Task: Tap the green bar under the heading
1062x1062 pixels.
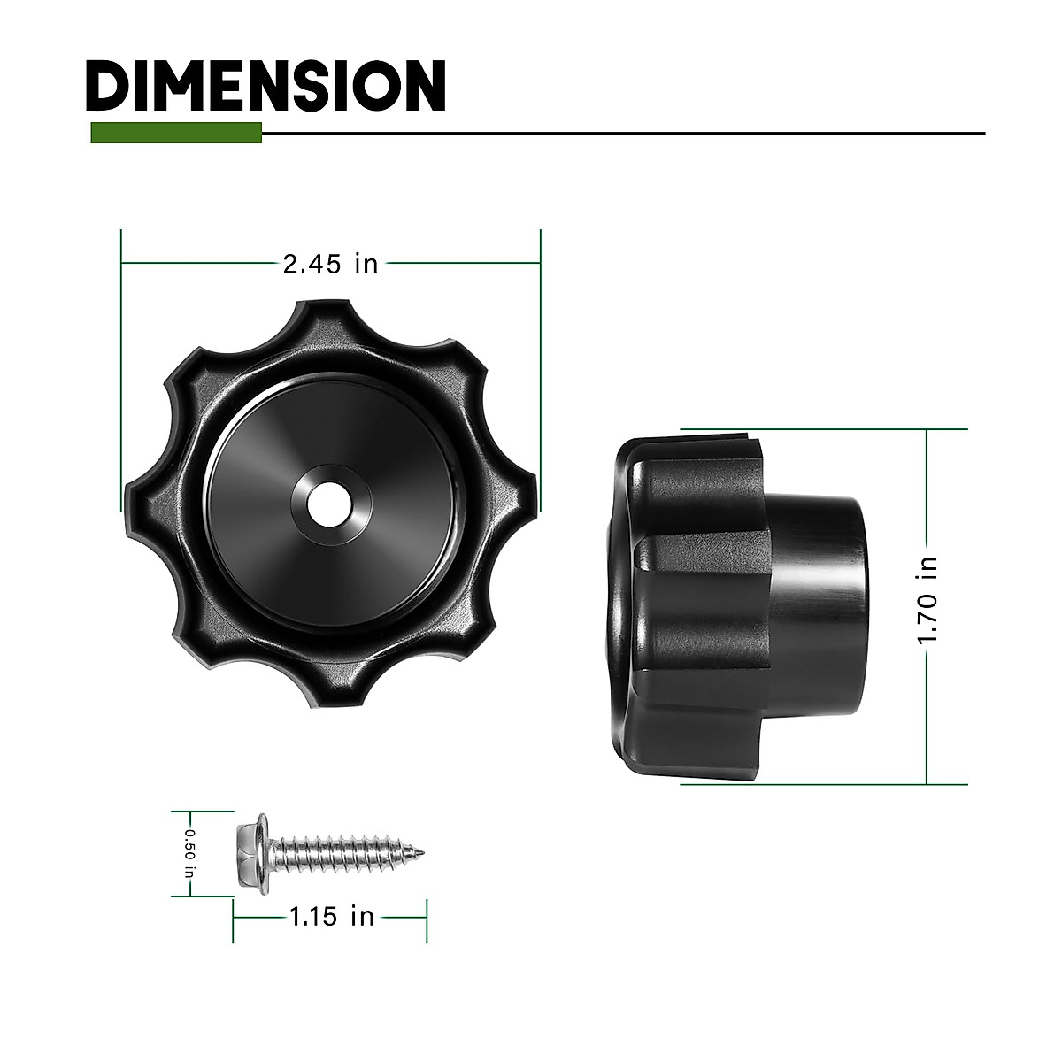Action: coord(176,133)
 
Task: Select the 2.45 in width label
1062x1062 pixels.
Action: coord(331,264)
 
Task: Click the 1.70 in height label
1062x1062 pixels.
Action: coord(927,600)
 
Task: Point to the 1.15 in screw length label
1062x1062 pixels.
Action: coord(332,916)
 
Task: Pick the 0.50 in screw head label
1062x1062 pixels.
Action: coord(189,854)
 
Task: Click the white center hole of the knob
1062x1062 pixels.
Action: coord(329,504)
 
